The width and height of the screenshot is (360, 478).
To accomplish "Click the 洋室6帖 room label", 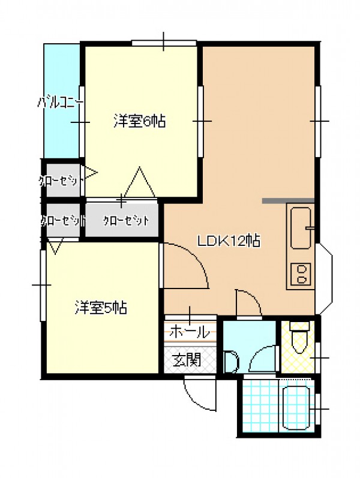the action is [140, 121].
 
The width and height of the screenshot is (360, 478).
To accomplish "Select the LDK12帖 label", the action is [229, 241].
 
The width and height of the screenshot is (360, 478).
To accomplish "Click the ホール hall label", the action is [190, 332].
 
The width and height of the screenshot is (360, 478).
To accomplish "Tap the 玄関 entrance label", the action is [187, 360].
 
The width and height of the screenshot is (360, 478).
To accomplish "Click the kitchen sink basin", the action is [301, 228].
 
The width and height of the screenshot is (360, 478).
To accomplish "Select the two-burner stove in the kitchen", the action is [301, 273].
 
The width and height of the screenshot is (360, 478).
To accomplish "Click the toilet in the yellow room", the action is [299, 338].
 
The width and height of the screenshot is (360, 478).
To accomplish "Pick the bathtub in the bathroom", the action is [296, 408].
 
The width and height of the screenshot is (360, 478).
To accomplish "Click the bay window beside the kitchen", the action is [324, 279].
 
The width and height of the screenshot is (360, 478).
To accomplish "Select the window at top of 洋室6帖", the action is [164, 43].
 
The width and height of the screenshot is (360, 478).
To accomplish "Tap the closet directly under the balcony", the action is [62, 181].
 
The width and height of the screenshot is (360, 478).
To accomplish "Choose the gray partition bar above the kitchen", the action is [289, 200].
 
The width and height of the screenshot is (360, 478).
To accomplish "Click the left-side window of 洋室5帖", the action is [43, 285].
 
